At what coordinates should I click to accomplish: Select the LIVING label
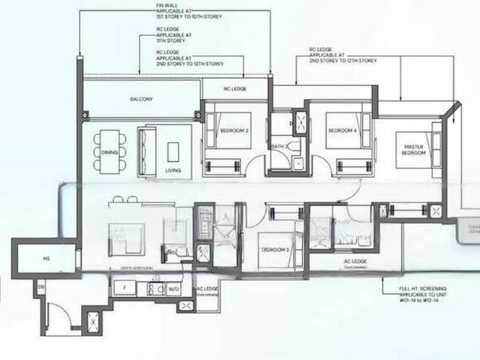(174, 170)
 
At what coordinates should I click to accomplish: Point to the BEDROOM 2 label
(233, 132)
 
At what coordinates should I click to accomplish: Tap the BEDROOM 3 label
(274, 248)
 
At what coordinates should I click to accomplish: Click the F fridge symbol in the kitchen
(124, 286)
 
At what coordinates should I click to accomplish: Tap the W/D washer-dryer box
(174, 287)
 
